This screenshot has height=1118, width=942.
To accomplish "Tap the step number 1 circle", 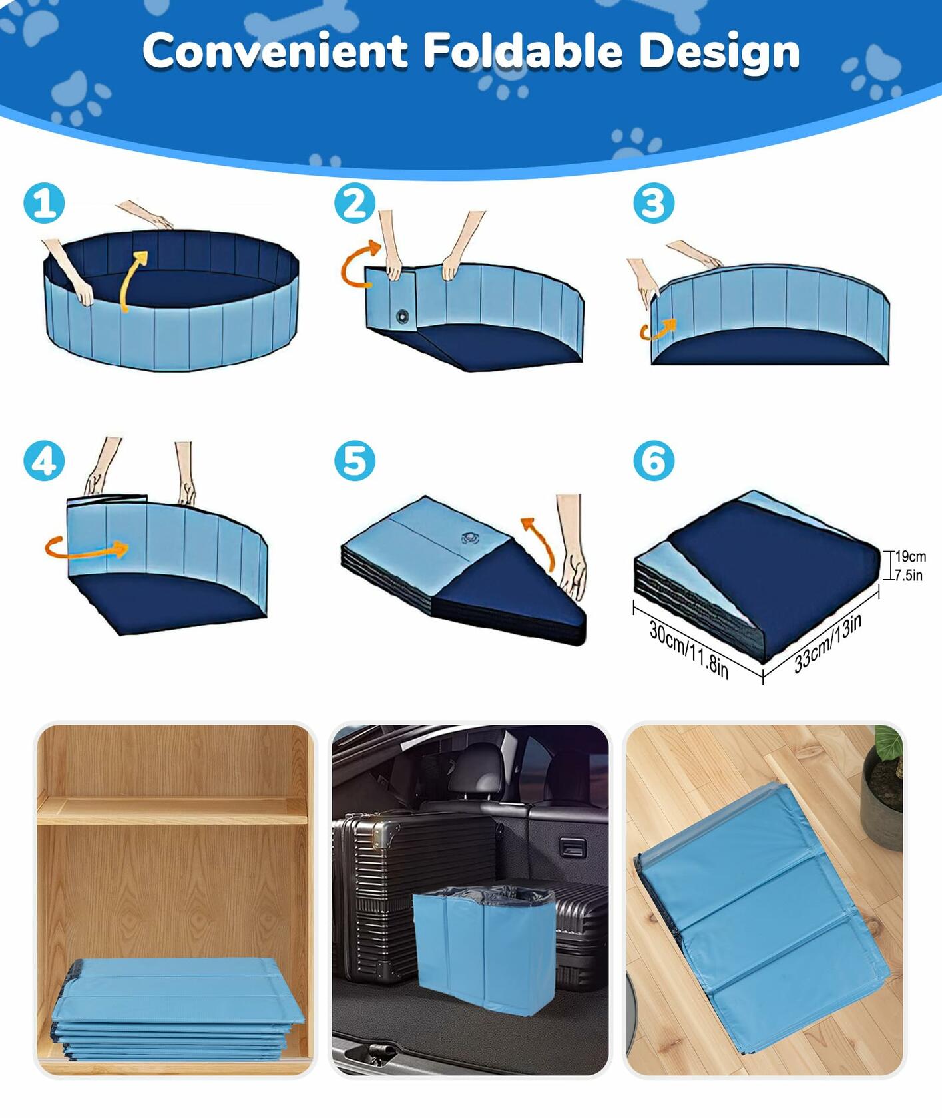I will pyautogui.click(x=44, y=203).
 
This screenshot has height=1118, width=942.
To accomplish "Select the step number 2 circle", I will pyautogui.click(x=354, y=203).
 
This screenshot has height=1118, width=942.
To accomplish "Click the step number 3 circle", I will pyautogui.click(x=653, y=203).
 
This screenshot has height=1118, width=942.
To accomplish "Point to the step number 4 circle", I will pyautogui.click(x=44, y=461).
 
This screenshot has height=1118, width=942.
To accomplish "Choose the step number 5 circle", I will pyautogui.click(x=354, y=461).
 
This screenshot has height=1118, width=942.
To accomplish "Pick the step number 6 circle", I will pyautogui.click(x=653, y=461).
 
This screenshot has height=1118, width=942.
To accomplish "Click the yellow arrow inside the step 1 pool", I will pyautogui.click(x=132, y=279).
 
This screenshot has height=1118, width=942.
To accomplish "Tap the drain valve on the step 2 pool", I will pyautogui.click(x=403, y=317).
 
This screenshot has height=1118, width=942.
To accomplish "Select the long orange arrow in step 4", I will pyautogui.click(x=87, y=549).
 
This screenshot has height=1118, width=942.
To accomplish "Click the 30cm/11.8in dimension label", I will pyautogui.click(x=689, y=649).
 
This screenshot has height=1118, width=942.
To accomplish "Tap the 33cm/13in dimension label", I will pyautogui.click(x=827, y=643).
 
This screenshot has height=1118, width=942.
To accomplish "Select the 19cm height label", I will pyautogui.click(x=910, y=556).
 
